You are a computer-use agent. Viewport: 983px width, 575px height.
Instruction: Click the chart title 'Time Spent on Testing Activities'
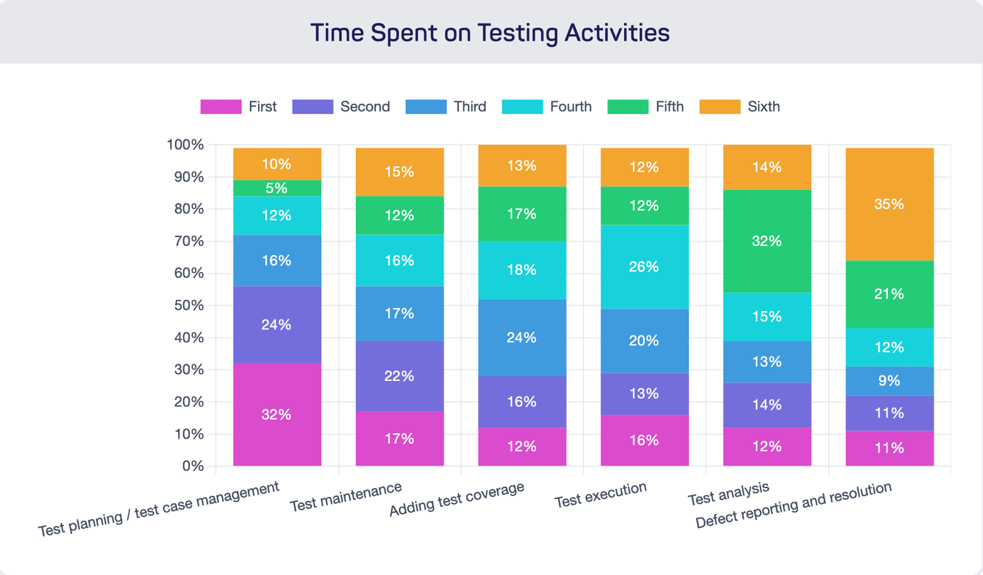click(x=490, y=33)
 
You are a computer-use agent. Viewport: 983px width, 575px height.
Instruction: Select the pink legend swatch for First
click(x=221, y=107)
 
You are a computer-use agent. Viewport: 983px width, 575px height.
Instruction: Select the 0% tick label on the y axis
click(x=193, y=467)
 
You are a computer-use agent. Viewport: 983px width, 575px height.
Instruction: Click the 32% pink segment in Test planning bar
click(x=277, y=415)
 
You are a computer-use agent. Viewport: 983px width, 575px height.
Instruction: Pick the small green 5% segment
click(x=277, y=188)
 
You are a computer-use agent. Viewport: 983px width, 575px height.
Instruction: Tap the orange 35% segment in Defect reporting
click(x=889, y=204)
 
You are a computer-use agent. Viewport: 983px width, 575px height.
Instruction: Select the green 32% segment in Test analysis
click(x=767, y=242)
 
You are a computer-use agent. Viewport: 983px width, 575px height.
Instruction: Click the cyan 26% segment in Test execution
click(x=644, y=267)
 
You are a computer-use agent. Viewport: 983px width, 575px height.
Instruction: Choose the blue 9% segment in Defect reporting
click(x=889, y=381)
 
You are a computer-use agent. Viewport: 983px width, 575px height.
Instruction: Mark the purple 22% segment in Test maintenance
click(x=400, y=377)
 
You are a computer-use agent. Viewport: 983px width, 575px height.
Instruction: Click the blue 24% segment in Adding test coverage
click(x=522, y=338)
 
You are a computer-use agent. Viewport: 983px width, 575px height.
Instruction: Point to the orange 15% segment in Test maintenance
click(x=400, y=172)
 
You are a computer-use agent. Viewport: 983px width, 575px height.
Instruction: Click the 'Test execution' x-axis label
click(x=600, y=495)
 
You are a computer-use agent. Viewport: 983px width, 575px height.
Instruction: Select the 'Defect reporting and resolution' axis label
click(x=793, y=505)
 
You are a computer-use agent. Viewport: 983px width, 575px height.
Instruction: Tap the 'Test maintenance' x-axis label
click(x=346, y=497)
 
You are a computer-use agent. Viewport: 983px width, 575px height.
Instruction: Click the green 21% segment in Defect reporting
click(x=889, y=294)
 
